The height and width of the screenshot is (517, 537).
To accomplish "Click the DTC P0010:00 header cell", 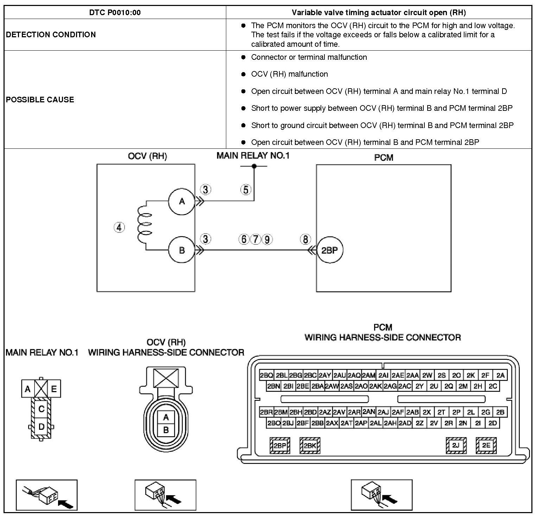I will click(115, 13).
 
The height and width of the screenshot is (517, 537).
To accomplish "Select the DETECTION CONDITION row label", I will click(51, 34).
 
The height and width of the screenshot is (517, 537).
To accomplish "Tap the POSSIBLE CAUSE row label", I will click(40, 100).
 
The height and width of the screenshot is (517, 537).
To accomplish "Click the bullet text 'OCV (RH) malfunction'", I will click(289, 74).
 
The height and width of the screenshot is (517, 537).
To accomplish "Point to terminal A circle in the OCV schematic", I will click(182, 201).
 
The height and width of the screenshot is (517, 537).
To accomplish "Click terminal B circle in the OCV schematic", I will click(182, 250).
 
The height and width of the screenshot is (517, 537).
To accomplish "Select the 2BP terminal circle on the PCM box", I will click(330, 250).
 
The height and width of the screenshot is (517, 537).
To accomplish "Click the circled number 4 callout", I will click(120, 228).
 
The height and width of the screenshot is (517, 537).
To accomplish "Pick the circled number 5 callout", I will click(246, 190).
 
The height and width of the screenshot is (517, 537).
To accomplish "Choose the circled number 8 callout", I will click(305, 240).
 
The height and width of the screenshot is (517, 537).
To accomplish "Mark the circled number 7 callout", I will click(256, 240).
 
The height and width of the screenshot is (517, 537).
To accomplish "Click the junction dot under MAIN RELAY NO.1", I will click(254, 166).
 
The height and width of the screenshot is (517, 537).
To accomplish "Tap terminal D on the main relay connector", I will click(41, 427).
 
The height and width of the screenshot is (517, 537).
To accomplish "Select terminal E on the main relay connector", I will click(54, 389).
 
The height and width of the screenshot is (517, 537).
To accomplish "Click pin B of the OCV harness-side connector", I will click(166, 429).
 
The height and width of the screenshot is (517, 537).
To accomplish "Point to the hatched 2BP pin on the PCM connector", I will click(280, 446).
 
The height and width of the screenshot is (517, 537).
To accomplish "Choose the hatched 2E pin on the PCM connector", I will click(486, 446).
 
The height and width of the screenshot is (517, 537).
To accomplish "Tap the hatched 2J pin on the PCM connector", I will click(456, 446).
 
